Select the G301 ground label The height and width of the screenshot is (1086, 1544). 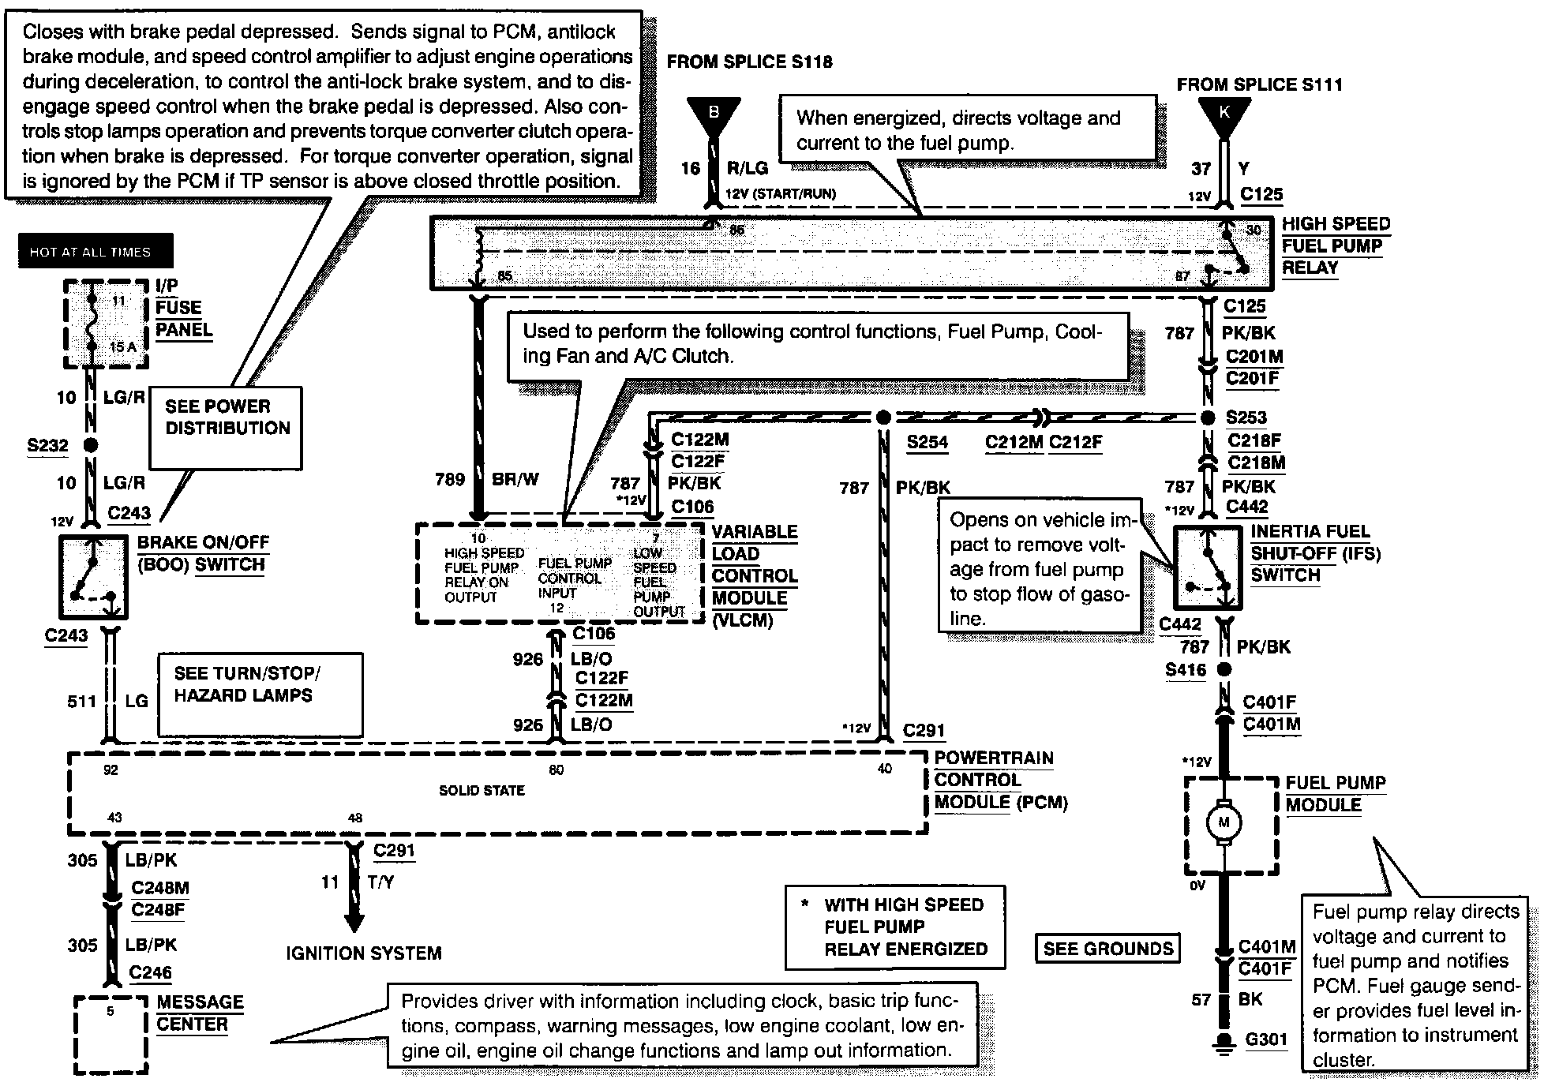coord(1266,1039)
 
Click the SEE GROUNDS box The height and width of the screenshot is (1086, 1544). coord(1107,949)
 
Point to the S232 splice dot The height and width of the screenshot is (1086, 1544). coord(91,445)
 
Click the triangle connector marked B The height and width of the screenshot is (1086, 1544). coord(714,115)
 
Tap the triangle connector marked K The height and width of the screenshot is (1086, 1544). coord(1224,115)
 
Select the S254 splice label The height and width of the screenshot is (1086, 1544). coord(927,442)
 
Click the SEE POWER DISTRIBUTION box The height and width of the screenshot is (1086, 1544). coord(227,426)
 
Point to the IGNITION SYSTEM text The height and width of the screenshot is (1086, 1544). coord(363,953)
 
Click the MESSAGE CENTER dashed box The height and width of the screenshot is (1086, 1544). coord(111,1034)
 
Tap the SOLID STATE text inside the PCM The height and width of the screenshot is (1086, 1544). coord(482,790)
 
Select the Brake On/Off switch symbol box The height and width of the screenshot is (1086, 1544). coord(93,577)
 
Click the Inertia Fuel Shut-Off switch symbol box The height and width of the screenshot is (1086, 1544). coord(1208,567)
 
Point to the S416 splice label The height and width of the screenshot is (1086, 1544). coord(1186,670)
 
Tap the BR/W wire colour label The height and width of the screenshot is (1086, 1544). coord(515,479)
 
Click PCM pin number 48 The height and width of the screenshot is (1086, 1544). coord(355,818)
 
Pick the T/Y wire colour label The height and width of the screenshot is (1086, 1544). coord(380,882)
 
